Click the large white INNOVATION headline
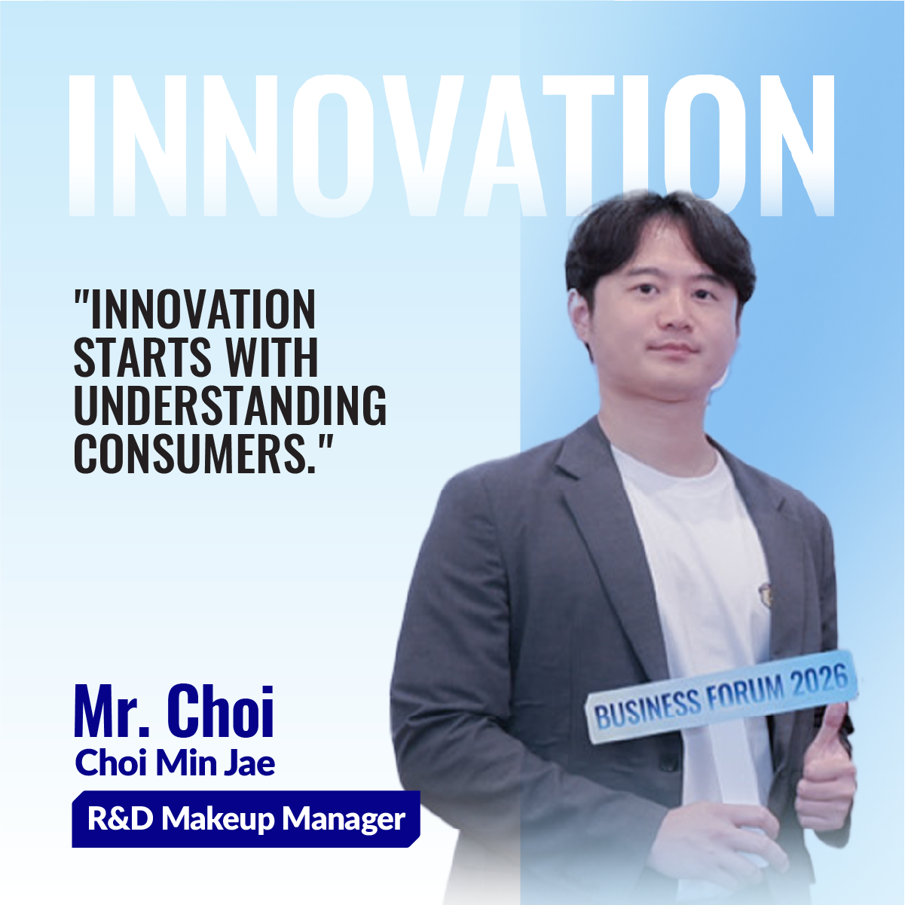[452, 145]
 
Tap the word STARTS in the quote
[142, 357]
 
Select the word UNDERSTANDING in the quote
[230, 405]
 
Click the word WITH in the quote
[271, 357]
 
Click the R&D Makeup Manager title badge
[246, 819]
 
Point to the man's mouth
[674, 348]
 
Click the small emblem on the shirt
[765, 593]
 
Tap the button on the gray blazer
[668, 762]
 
